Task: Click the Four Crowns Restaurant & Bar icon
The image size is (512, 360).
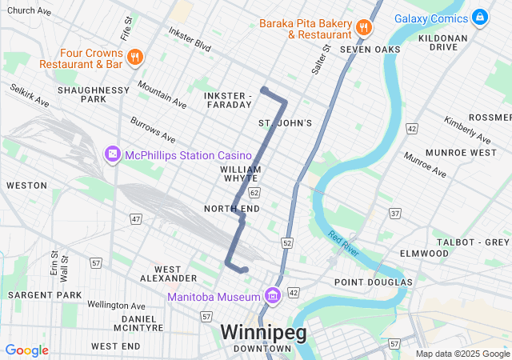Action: click(x=135, y=57)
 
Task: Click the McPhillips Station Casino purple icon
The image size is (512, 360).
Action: click(x=112, y=154)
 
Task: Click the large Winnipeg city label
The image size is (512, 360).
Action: click(x=263, y=331)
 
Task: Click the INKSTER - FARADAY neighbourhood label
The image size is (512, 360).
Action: click(x=228, y=101)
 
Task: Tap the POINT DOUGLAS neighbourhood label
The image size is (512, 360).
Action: click(x=373, y=282)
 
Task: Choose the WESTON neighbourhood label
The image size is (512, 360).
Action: click(x=26, y=185)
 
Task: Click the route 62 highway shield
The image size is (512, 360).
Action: click(x=254, y=193)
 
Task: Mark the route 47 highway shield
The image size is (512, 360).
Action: click(x=137, y=218)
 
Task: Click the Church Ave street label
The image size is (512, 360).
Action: click(x=29, y=11)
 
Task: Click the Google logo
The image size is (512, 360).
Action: click(x=26, y=350)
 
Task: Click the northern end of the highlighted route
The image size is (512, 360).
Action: click(x=263, y=90)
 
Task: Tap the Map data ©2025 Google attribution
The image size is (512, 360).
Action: click(x=462, y=354)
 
